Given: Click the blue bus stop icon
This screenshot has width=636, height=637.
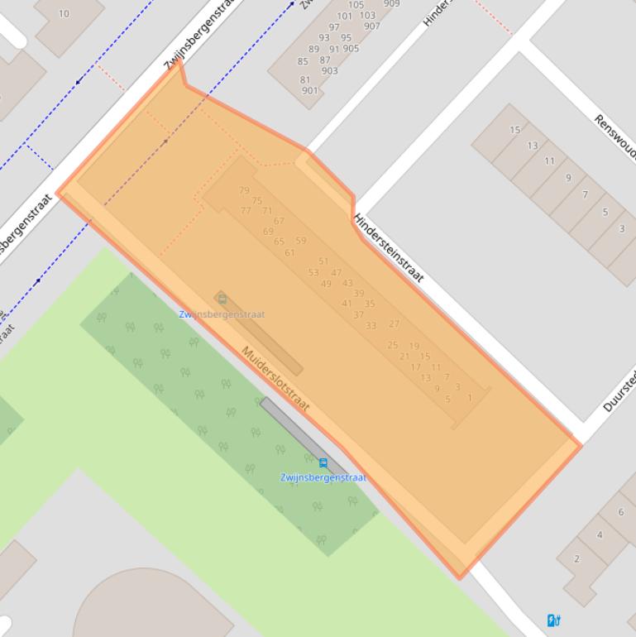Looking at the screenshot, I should [x=323, y=463].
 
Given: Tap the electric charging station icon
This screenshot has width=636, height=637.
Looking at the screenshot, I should [x=554, y=620].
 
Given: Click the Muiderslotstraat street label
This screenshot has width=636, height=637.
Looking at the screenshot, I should [x=275, y=378].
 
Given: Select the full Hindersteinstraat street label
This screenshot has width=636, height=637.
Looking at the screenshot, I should [x=388, y=248].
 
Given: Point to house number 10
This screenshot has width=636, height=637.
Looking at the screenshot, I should [x=64, y=13].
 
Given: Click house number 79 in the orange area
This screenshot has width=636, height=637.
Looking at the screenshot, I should [x=244, y=190].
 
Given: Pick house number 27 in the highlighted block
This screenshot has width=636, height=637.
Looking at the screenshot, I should [x=394, y=324].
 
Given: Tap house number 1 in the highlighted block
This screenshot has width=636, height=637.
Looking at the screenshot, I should [x=470, y=398].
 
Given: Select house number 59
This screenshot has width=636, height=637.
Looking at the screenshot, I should [x=301, y=241].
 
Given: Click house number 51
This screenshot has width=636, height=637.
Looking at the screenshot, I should [x=323, y=261].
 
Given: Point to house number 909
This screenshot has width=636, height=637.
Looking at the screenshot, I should [x=391, y=4].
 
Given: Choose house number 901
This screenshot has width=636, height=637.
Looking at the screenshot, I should [x=309, y=91].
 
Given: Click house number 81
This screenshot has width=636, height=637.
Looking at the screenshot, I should [x=305, y=80].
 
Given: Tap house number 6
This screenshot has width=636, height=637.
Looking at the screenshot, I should [x=621, y=512].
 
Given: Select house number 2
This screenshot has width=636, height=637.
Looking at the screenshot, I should [x=577, y=559].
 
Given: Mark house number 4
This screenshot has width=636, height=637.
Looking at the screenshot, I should [x=600, y=534].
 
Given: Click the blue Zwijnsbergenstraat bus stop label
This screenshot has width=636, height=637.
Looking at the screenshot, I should [x=323, y=477].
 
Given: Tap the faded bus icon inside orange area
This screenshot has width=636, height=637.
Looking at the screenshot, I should [x=222, y=299].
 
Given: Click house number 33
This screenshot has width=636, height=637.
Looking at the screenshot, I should [x=371, y=326].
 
